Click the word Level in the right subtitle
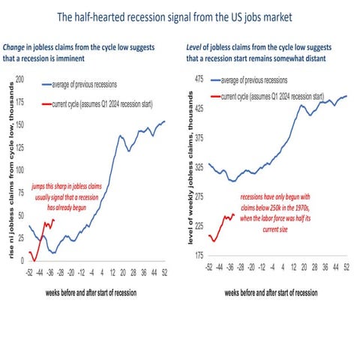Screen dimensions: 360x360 coord(196,49)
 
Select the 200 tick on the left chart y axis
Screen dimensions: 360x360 coord(19,78)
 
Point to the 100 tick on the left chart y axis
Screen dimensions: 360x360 coord(19,169)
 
